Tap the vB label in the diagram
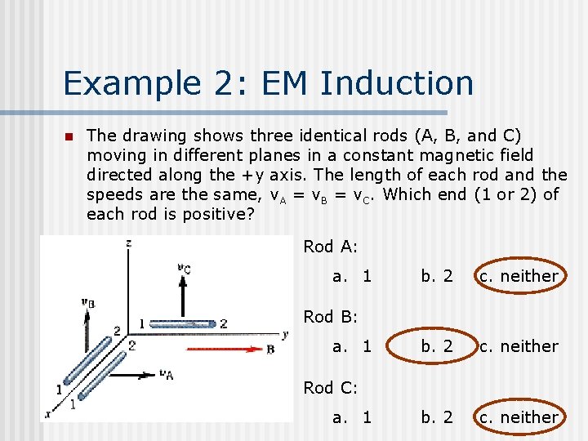click(87, 301)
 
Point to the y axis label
click(285, 333)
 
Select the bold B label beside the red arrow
click(270, 349)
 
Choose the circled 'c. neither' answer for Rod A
click(519, 276)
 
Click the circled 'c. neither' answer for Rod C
click(519, 417)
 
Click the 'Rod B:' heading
click(330, 317)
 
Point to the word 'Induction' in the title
click(398, 83)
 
